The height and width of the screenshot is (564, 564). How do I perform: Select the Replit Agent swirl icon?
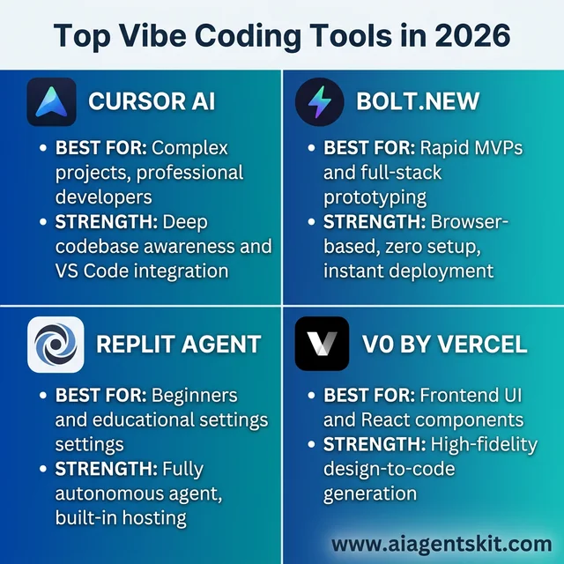click(x=56, y=344)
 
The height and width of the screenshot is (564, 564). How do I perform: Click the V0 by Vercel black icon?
click(x=322, y=344)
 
